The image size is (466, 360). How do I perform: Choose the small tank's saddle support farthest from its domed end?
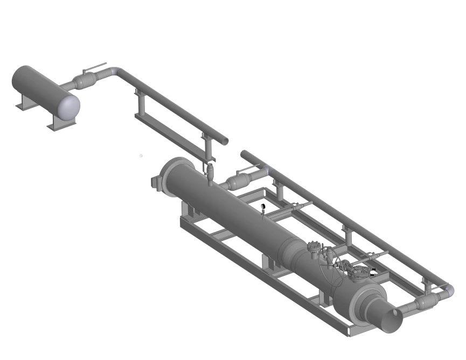(25, 102)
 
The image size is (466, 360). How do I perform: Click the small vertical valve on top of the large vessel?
(211, 174)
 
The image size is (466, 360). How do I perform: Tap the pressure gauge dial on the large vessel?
(263, 206)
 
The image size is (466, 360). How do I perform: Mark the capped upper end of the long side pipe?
(244, 154)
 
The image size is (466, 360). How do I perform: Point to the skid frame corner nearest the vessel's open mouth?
(350, 334)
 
